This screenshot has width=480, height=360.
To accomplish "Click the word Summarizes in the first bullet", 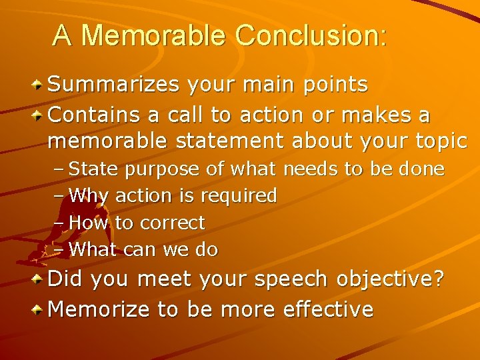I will tap(115, 85).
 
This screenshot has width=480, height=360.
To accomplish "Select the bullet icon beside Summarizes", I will tap(39, 85).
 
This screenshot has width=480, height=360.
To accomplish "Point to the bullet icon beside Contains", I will tap(39, 116).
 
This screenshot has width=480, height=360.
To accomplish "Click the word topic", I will tap(437, 141).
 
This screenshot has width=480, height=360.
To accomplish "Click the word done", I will tap(422, 169).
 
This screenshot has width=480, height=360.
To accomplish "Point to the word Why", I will tap(89, 196).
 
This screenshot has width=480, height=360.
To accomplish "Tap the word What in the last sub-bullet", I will tap(93, 249).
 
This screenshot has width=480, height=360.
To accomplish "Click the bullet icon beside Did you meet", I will tap(39, 279).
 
